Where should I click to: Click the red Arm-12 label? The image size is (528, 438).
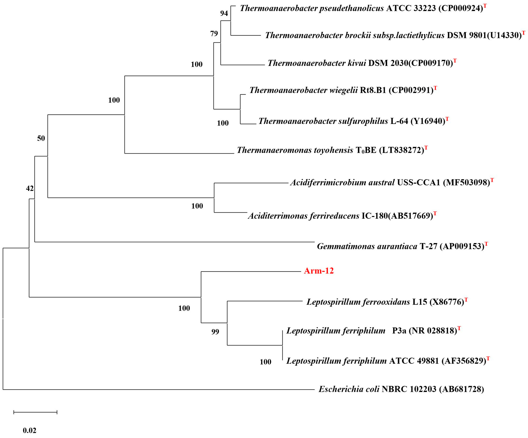318,271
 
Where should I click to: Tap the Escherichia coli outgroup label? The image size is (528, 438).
401,389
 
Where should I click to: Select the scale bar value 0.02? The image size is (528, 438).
30,431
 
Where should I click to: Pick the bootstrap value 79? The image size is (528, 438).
214,33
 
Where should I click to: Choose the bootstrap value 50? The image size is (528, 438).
41,138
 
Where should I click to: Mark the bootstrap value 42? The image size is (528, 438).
30,188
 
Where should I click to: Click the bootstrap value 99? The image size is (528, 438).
215,332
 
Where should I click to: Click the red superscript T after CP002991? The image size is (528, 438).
435,88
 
